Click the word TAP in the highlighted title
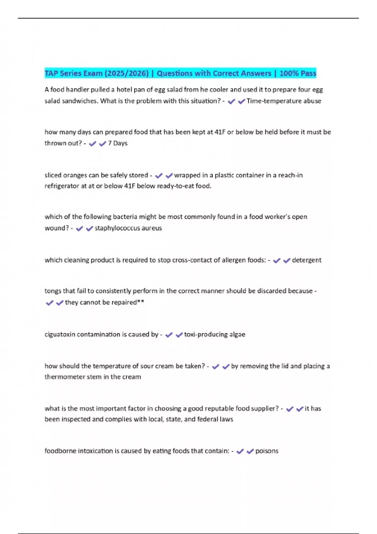pyautogui.click(x=51, y=73)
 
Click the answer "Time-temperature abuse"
pyautogui.click(x=284, y=101)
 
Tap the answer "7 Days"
pyautogui.click(x=118, y=143)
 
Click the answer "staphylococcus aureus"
pyautogui.click(x=128, y=228)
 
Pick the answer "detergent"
pyautogui.click(x=307, y=260)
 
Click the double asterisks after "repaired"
pyautogui.click(x=141, y=302)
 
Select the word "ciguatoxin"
pyautogui.click(x=60, y=334)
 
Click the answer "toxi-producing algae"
pyautogui.click(x=215, y=334)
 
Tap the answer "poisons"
pyautogui.click(x=267, y=451)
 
